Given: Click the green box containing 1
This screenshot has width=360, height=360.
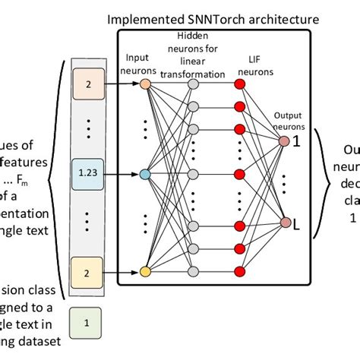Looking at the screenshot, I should (x=87, y=322).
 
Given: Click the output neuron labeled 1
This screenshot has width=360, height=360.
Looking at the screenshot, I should (x=283, y=141).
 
